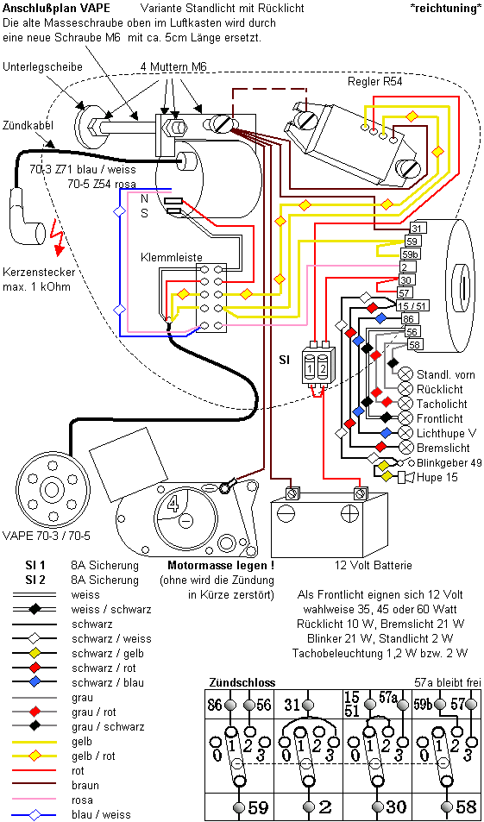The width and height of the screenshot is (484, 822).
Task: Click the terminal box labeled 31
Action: click(x=417, y=228)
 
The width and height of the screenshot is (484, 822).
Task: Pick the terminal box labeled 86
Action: click(x=410, y=319)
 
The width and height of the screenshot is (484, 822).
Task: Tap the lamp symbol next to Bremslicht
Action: click(x=405, y=448)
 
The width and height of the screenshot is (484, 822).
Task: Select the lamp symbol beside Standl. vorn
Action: click(x=405, y=374)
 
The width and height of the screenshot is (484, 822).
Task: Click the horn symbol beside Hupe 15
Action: click(x=403, y=476)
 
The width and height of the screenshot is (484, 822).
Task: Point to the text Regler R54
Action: click(x=375, y=82)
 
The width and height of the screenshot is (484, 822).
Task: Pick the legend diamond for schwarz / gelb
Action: click(x=35, y=653)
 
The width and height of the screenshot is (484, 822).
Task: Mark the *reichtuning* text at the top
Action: click(x=446, y=9)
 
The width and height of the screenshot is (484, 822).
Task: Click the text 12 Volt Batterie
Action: click(x=374, y=565)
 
